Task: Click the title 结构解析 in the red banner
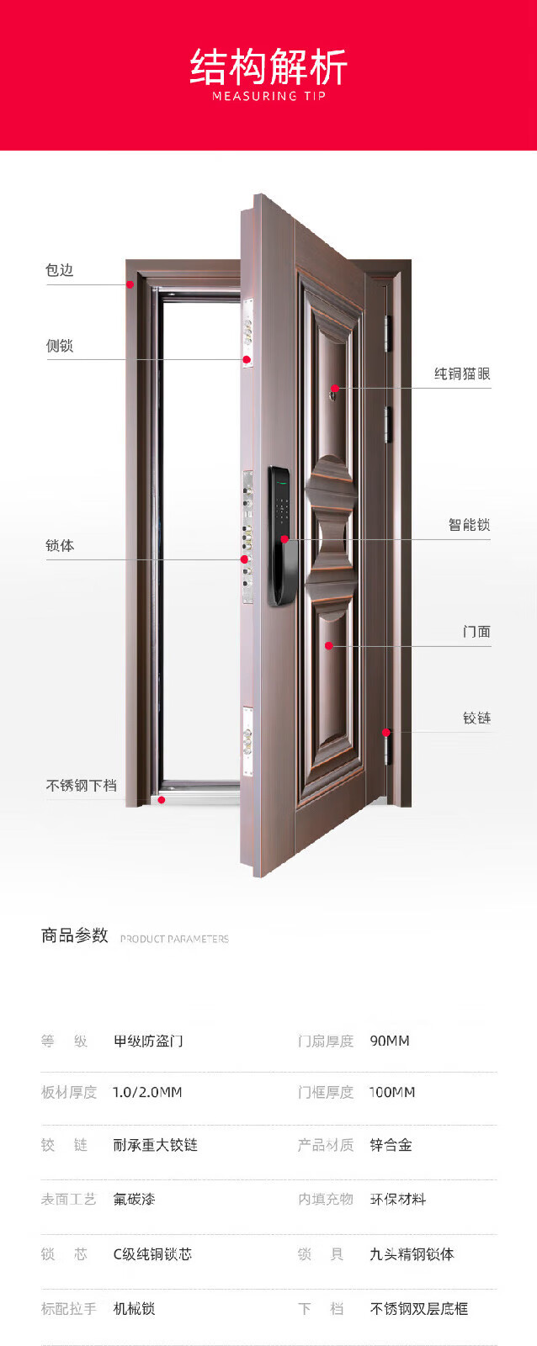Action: (268, 67)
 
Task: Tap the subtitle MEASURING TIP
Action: (268, 97)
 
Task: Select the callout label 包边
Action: (60, 270)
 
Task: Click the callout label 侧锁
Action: (60, 346)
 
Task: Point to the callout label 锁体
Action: (60, 545)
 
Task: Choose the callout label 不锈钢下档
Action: (81, 786)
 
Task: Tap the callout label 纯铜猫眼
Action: (462, 374)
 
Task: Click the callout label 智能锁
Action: (469, 525)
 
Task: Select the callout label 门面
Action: (476, 632)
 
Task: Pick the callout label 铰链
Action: (476, 718)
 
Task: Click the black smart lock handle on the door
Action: (282, 538)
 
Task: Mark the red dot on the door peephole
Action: (334, 389)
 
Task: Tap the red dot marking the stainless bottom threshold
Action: (162, 800)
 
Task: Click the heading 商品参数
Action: (75, 935)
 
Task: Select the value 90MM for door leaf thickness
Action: (390, 1041)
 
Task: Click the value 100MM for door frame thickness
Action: (392, 1093)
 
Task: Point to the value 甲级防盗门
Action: (148, 1041)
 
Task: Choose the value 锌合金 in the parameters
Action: (391, 1146)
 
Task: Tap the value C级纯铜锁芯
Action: (152, 1254)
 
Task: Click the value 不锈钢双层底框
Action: (418, 1309)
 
